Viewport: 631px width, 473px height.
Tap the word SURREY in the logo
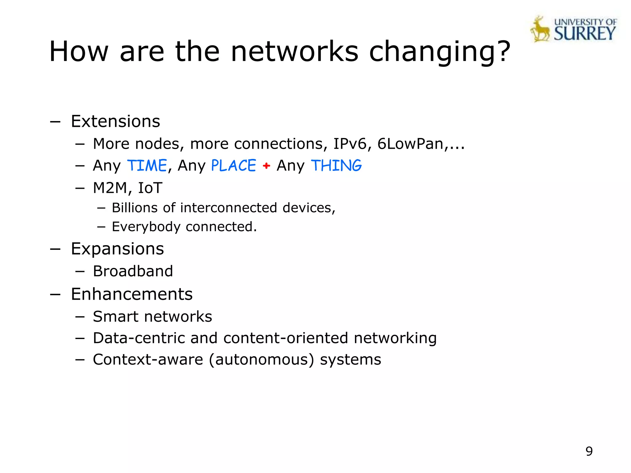click(x=585, y=33)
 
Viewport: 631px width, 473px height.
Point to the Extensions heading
click(x=116, y=121)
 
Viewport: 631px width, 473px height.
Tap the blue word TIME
click(x=147, y=166)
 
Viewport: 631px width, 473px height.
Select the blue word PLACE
click(x=234, y=166)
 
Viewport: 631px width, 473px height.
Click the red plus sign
click(x=267, y=166)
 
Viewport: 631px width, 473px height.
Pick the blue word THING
click(x=336, y=166)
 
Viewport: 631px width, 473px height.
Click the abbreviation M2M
click(x=110, y=188)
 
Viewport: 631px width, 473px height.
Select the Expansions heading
click(x=117, y=249)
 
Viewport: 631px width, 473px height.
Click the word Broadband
click(x=133, y=271)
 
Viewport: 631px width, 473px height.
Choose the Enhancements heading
click(x=132, y=294)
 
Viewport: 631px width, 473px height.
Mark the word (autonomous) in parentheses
click(x=262, y=360)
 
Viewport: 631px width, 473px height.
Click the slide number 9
click(x=589, y=451)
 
